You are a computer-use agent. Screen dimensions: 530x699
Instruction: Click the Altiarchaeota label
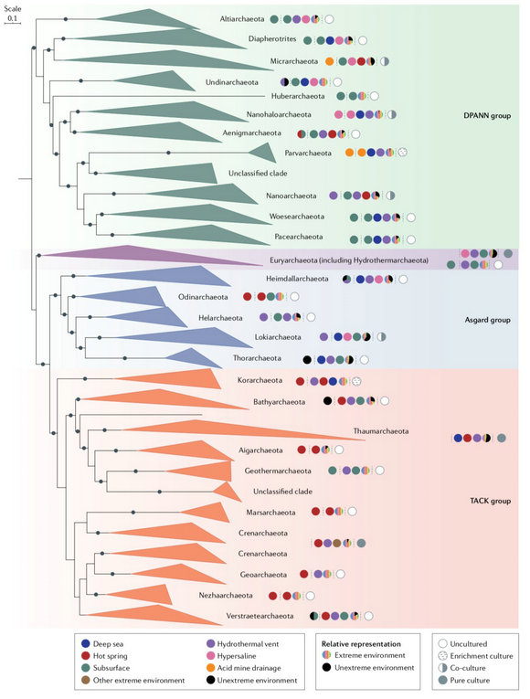[242, 18]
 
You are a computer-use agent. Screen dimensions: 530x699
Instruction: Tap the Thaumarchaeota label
[381, 431]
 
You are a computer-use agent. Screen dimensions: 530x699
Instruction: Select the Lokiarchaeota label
[278, 337]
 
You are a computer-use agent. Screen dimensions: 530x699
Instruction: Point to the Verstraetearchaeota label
[260, 616]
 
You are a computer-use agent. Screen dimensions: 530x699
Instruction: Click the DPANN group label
[487, 116]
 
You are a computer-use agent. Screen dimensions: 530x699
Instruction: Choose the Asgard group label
[488, 320]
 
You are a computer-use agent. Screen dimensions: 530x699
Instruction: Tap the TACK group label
[491, 501]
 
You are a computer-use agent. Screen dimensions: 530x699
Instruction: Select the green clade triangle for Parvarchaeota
[264, 153]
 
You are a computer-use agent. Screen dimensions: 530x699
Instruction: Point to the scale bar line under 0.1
[13, 22]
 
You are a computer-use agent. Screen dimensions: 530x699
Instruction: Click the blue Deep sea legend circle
[86, 644]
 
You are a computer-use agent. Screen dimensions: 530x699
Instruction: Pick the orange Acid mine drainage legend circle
[211, 668]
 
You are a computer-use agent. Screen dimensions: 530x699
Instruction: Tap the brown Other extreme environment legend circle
[86, 681]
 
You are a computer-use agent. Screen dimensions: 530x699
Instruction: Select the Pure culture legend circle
[442, 681]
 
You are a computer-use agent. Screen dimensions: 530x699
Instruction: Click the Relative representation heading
[361, 644]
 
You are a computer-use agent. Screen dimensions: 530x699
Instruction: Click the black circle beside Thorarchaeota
[307, 359]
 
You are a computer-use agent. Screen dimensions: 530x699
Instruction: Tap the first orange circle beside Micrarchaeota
[329, 61]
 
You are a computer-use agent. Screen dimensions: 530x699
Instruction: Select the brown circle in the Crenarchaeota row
[337, 543]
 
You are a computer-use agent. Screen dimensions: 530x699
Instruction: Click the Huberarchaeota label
[298, 96]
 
